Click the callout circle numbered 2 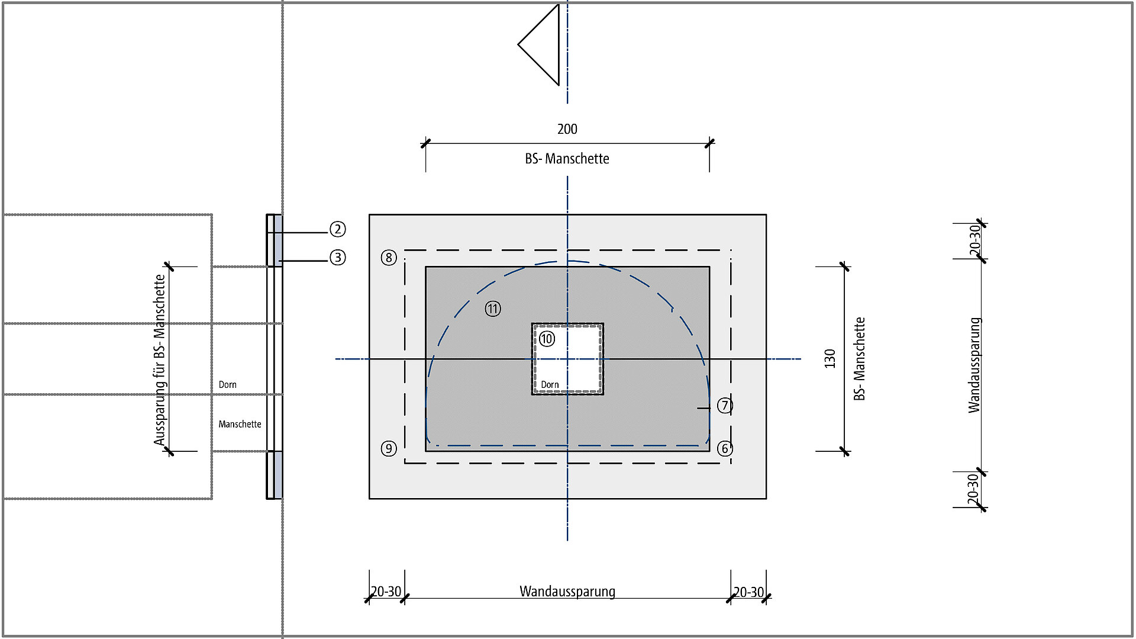click(337, 229)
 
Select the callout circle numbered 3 click(337, 258)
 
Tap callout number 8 click(389, 258)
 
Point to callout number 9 click(388, 448)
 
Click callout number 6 click(725, 448)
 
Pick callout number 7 click(725, 406)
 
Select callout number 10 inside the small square click(547, 339)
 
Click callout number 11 click(493, 309)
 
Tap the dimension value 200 click(567, 129)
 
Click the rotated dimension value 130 click(830, 359)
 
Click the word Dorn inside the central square click(550, 385)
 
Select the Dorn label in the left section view click(227, 385)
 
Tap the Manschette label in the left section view click(240, 425)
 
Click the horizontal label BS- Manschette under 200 click(567, 159)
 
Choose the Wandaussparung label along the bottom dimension click(567, 592)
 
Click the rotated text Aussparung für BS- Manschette click(159, 359)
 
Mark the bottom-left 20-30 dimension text click(386, 592)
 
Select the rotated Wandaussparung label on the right click(974, 365)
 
